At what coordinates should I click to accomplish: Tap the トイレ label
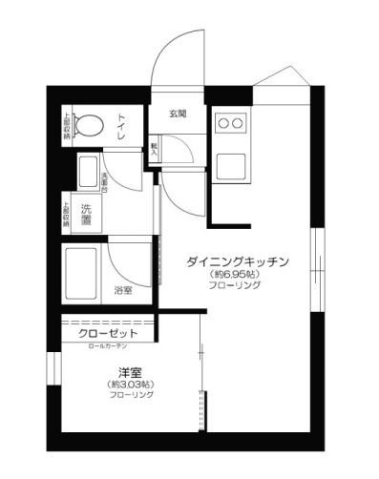(x=123, y=124)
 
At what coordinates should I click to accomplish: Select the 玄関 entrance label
(x=178, y=115)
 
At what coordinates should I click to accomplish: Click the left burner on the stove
(x=222, y=122)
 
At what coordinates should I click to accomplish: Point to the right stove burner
(x=240, y=122)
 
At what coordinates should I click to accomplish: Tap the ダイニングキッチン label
(x=237, y=260)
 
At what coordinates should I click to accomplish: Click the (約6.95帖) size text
(x=236, y=275)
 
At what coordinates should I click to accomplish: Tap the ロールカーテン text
(x=114, y=346)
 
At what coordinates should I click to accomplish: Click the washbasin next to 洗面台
(x=86, y=171)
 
